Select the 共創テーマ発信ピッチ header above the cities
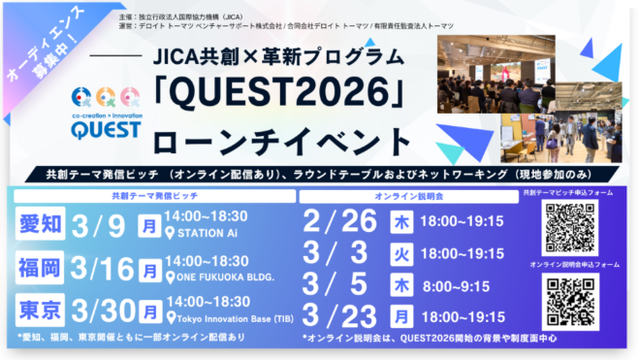153,195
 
